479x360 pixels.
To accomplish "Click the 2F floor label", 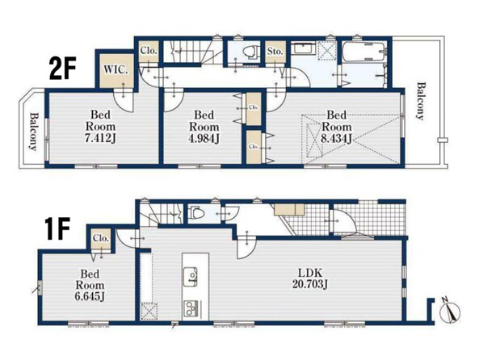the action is pos(62,69).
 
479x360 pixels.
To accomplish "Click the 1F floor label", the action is pos(57,228).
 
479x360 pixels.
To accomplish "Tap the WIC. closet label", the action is pos(116,69).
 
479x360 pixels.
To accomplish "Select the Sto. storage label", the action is pos(275,52).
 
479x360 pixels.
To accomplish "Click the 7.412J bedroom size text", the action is pos(100,139).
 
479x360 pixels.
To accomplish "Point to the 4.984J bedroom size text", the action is pos(204,139).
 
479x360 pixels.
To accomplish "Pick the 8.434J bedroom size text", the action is pos(336,138).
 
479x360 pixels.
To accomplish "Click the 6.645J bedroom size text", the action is pos(90,296).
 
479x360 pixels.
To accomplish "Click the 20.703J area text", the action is pos(310,284).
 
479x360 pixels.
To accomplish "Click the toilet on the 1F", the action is pos(196,212).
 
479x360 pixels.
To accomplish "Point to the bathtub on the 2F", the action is pos(363,52).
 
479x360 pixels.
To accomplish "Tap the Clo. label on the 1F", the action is pos(101,238).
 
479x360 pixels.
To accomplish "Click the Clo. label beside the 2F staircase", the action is pos(149,50).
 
